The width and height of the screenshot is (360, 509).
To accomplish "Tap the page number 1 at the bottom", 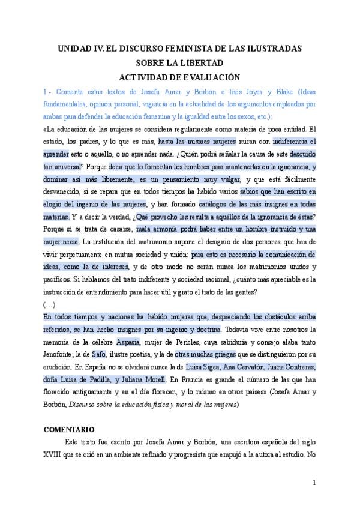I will point(314,483).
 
